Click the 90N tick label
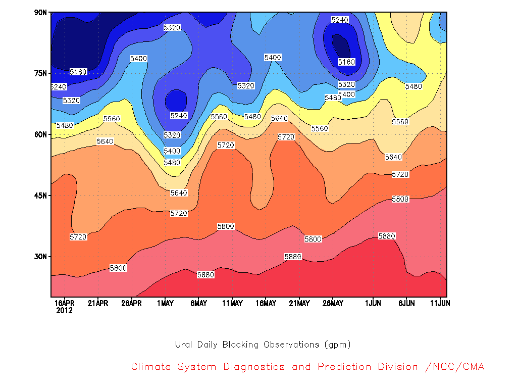coord(40,13)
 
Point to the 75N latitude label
coord(40,73)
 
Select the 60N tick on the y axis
coord(40,134)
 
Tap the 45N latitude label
coord(40,196)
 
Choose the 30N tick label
coord(40,256)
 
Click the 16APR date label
coord(64,303)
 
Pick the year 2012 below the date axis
coord(64,311)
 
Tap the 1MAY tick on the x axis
coord(165,303)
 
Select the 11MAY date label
coord(232,303)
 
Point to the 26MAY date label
coord(333,303)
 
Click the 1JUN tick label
coord(373,303)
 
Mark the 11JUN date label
coord(440,303)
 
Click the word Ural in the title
coord(183,345)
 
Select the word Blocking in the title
coord(240,345)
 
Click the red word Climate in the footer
coord(151,367)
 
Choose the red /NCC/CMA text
coord(455,367)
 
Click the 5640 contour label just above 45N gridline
coord(179,192)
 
